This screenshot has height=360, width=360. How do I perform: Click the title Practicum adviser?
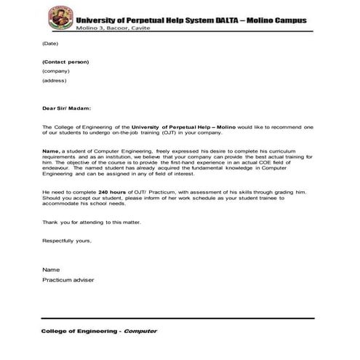point(68,279)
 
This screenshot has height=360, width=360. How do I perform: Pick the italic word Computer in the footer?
point(140,331)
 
